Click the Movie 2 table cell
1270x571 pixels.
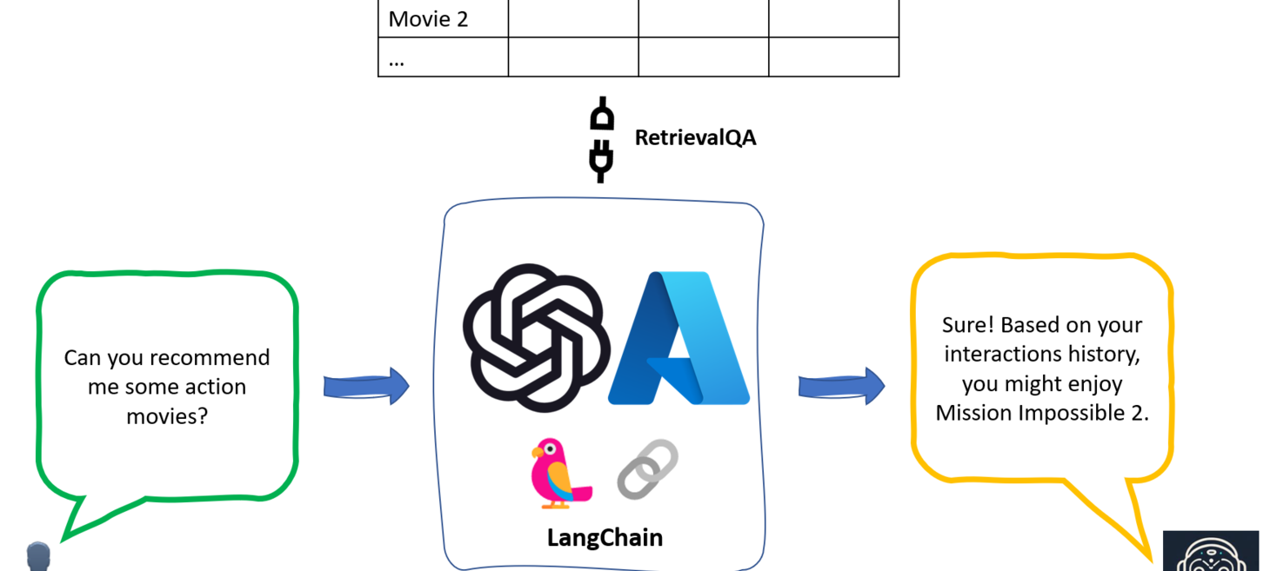point(443,19)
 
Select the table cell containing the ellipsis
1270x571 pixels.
point(443,58)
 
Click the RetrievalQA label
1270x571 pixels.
point(695,137)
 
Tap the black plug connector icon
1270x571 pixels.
point(601,139)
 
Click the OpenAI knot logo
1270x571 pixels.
point(532,337)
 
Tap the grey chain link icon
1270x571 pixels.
point(647,469)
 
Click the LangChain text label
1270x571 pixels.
point(605,538)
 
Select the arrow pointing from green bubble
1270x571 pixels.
point(366,386)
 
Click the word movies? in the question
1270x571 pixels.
point(167,415)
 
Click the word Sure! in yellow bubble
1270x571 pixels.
point(967,325)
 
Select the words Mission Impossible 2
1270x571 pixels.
point(1042,413)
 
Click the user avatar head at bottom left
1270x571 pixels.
point(38,556)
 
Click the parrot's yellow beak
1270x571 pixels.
point(538,453)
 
